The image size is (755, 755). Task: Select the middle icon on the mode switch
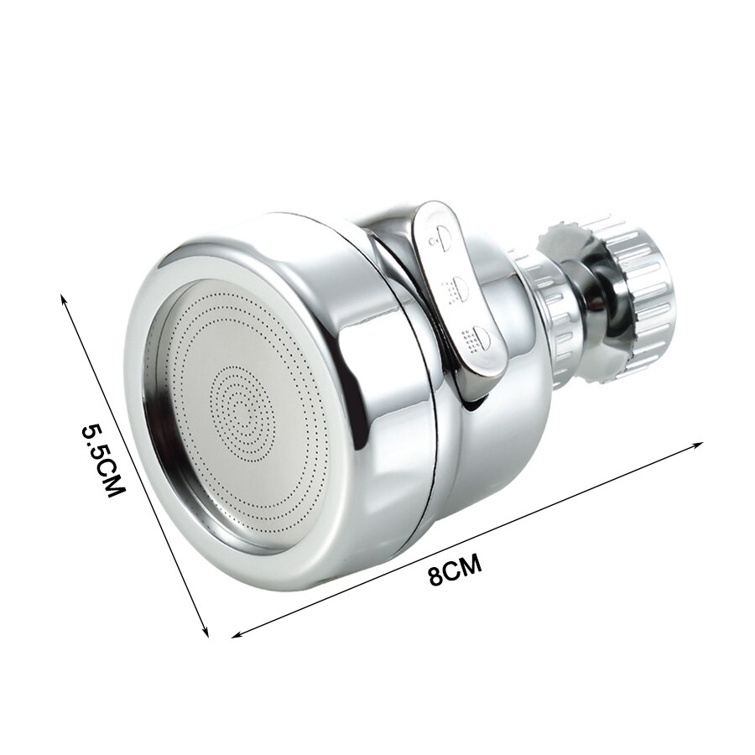coord(457,288)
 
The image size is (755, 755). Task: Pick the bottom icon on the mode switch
coord(477,338)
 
